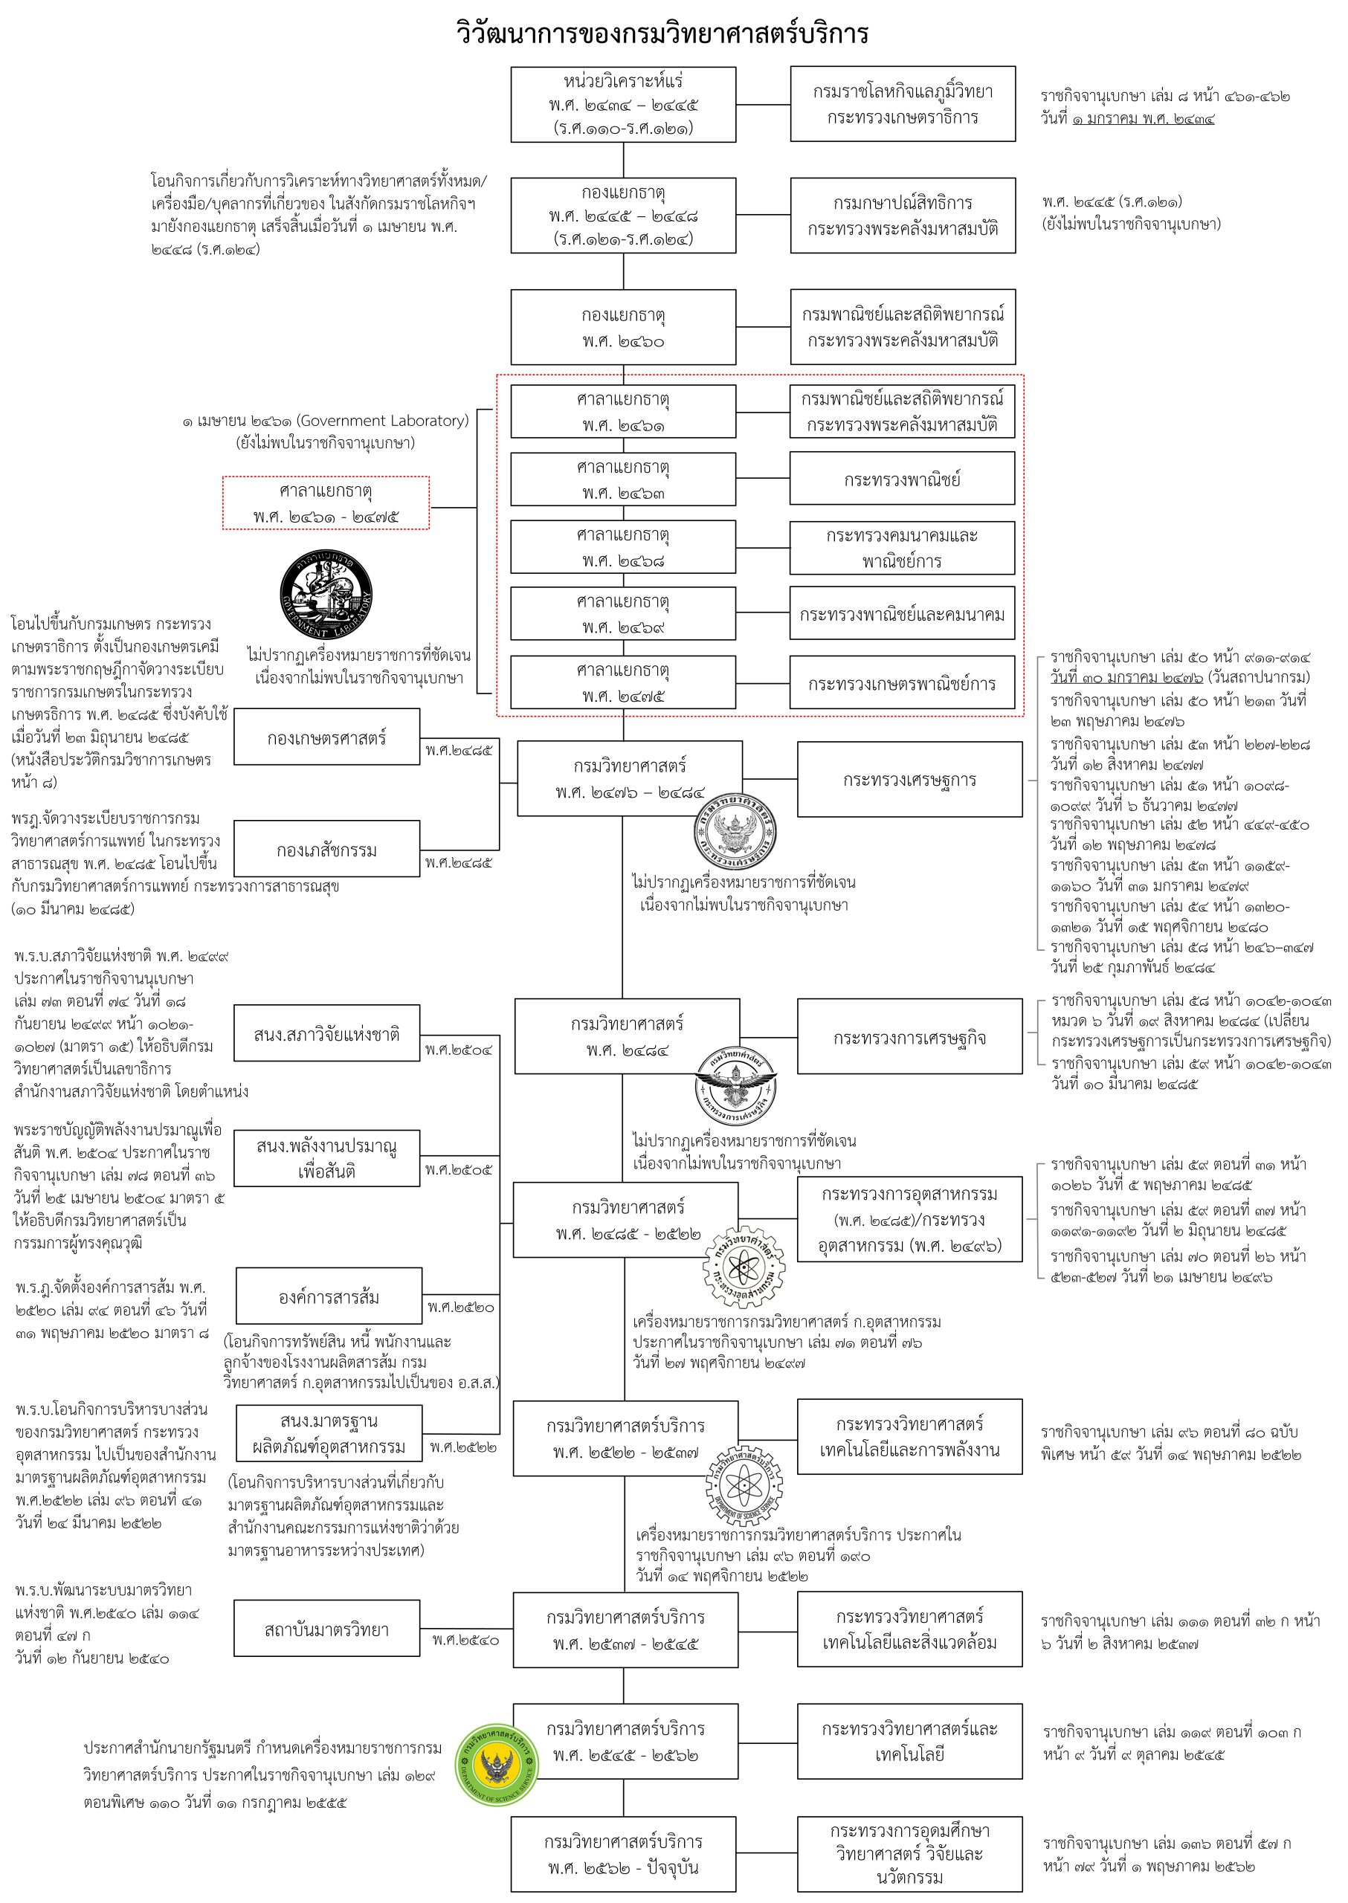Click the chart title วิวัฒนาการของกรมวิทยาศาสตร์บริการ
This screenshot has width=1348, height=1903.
tap(662, 33)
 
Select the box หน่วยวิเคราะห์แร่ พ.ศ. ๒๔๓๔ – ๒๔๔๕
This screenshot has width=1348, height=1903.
tap(623, 105)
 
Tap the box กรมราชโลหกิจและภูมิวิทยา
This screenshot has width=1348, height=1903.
tap(903, 104)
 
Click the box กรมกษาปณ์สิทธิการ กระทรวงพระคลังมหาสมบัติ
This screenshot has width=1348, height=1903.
tap(903, 215)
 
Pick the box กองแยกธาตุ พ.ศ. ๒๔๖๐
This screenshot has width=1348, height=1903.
tap(623, 327)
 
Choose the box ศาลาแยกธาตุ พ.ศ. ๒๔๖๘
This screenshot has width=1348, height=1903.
tap(623, 547)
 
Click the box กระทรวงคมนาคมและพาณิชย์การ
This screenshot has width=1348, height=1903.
tap(903, 548)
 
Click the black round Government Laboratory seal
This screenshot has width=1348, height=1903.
tap(326, 594)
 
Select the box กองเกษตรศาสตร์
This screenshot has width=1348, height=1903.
tap(327, 737)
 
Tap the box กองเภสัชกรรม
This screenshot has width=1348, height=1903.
tap(327, 849)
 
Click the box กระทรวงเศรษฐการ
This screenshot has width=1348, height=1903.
tap(910, 779)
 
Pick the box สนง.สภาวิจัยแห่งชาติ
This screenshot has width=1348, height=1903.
tap(327, 1033)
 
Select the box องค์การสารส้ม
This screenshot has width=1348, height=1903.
tap(329, 1296)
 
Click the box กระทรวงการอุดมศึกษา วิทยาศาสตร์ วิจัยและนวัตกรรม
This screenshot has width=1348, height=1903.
tap(910, 1854)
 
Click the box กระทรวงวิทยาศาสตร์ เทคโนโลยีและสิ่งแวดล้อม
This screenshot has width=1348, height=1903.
tap(910, 1630)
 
